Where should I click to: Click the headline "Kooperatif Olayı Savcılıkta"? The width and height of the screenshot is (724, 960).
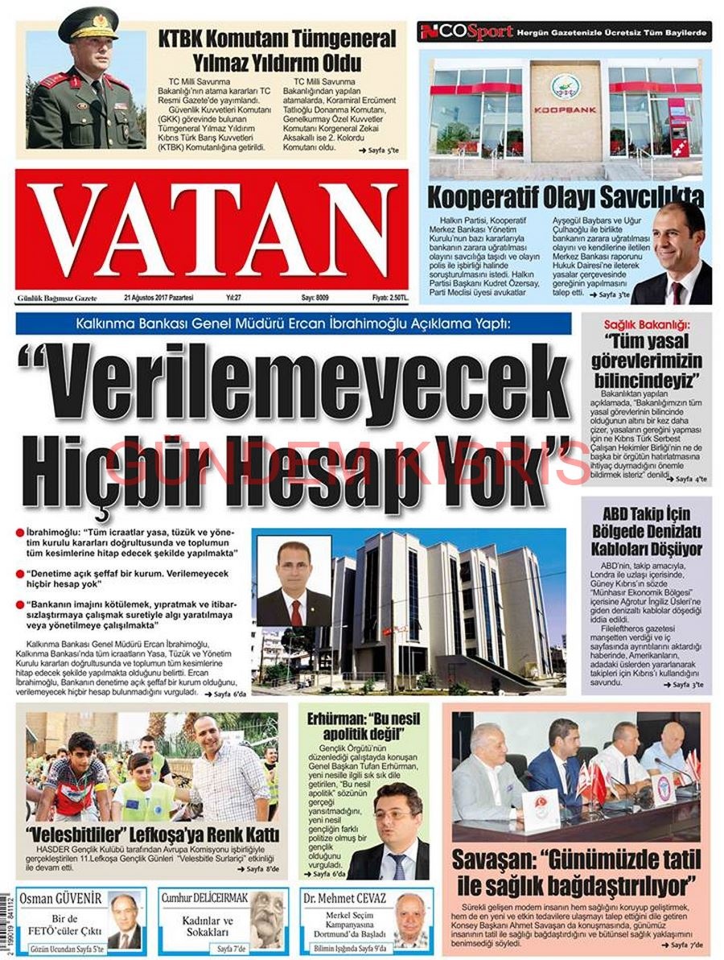566,196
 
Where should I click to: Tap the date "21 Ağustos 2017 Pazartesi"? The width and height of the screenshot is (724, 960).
159,298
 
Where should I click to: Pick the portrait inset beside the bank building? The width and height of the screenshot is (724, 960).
293,581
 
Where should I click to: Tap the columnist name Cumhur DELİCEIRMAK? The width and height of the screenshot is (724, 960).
204,898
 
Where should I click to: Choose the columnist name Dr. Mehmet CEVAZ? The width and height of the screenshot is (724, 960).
345,898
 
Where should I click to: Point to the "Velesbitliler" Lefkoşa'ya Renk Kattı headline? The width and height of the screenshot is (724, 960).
153,833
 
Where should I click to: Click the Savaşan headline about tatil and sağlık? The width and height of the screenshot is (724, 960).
574,872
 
